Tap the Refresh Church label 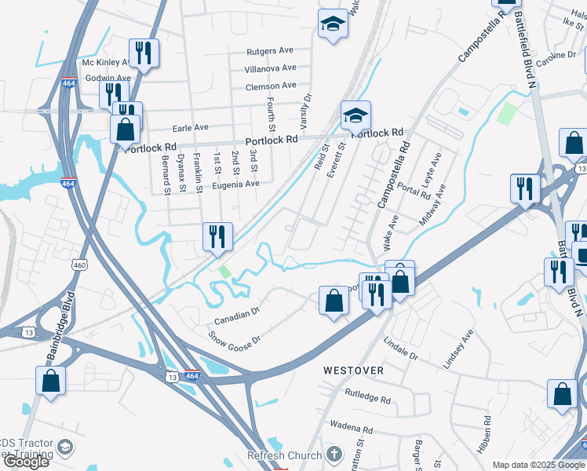[284, 455]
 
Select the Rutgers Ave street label [269, 52]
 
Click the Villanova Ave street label [271, 68]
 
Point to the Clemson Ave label [271, 85]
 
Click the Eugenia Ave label [235, 184]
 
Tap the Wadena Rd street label [350, 429]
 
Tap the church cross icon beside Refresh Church [334, 455]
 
